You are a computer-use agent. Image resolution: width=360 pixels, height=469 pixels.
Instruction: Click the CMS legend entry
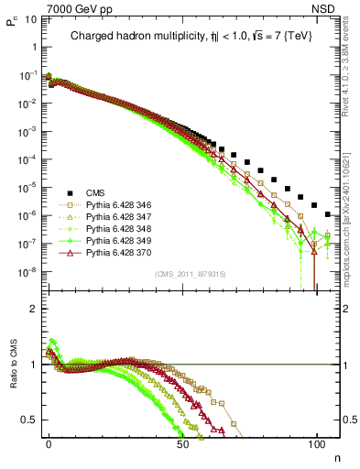tap(96, 192)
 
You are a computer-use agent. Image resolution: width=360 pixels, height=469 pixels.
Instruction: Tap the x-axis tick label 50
tap(182, 442)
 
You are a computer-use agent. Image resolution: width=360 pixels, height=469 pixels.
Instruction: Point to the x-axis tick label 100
tap(316, 442)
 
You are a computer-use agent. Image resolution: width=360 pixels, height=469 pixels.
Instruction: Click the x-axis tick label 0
tap(49, 442)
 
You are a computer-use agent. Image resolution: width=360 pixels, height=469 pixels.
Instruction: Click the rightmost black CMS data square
tap(328, 214)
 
